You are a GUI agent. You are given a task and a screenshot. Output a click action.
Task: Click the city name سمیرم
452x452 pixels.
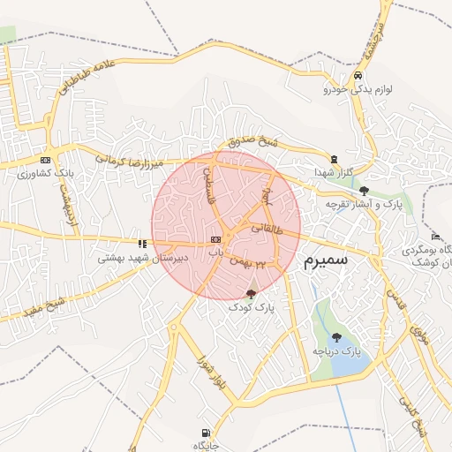(325, 261)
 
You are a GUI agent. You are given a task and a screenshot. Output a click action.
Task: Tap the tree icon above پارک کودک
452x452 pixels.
(251, 293)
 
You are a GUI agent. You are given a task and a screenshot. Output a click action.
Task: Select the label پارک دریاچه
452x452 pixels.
(336, 352)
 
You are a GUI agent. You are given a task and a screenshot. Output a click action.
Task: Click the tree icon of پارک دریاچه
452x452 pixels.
(336, 337)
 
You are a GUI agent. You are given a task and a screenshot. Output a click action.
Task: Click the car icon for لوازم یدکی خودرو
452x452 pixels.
(357, 76)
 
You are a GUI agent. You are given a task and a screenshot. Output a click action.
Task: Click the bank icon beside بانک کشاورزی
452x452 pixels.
(45, 160)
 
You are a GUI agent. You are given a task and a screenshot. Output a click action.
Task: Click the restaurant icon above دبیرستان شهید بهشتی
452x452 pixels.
(141, 244)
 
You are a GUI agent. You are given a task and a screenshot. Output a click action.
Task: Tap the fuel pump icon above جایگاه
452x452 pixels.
(206, 433)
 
